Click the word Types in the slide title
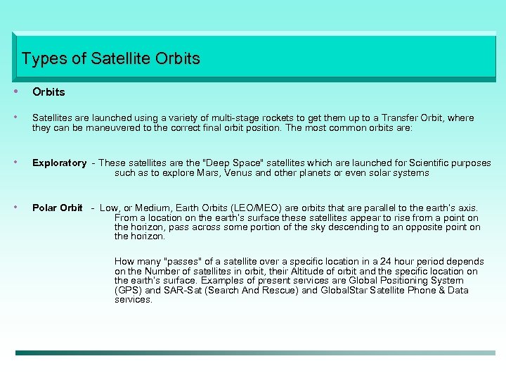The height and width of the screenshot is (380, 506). pos(44,58)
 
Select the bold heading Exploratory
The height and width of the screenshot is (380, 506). pos(60,163)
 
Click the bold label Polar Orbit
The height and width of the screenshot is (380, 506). pos(58,208)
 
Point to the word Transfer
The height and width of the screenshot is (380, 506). pos(401,118)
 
